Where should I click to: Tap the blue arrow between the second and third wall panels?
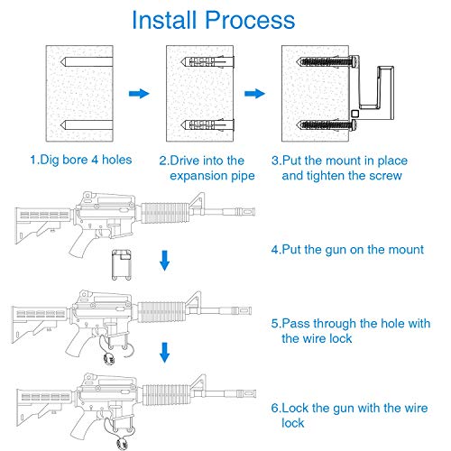coord(255,93)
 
